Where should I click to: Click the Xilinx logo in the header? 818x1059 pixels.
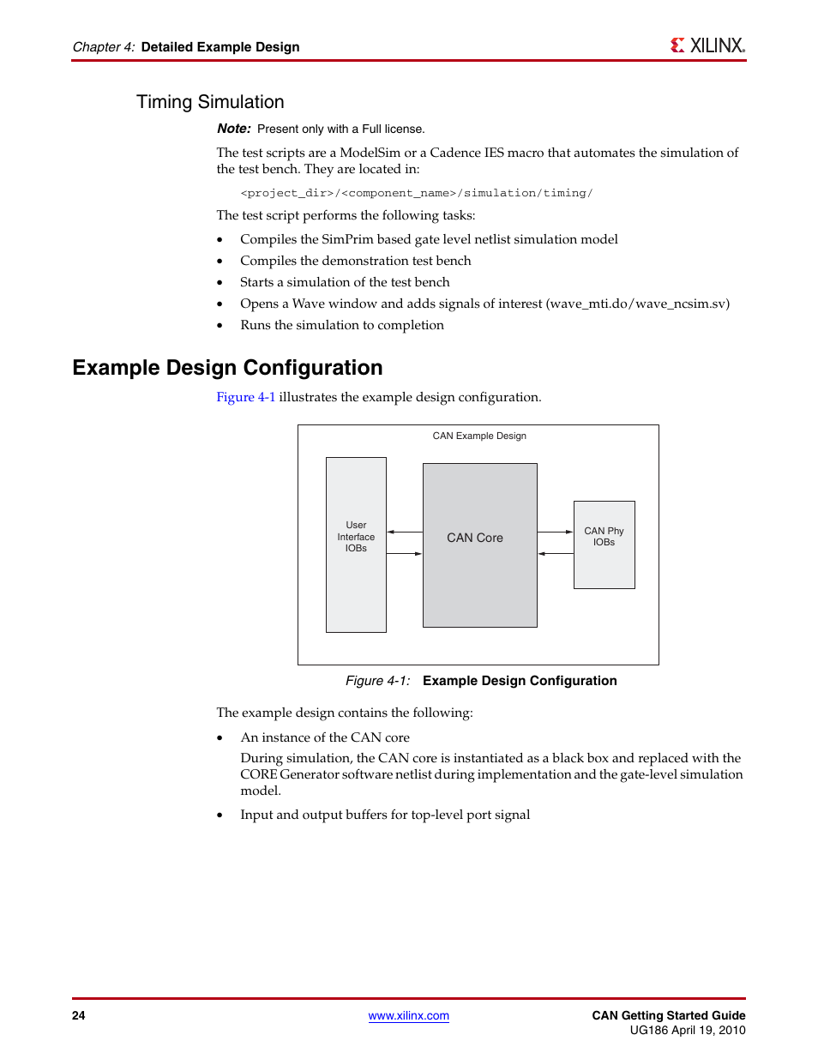click(x=707, y=45)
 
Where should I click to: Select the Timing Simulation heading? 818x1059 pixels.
click(x=210, y=102)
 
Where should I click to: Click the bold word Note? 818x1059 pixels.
click(x=233, y=129)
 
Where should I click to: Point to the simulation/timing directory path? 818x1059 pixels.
click(x=416, y=193)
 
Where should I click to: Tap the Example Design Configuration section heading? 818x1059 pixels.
click(x=227, y=368)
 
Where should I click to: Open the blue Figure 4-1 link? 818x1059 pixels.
click(x=245, y=397)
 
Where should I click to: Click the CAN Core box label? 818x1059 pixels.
click(x=475, y=538)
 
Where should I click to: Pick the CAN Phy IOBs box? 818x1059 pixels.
click(x=604, y=537)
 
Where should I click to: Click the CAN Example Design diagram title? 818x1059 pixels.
click(x=479, y=436)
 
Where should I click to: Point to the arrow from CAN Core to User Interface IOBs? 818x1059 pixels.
click(x=404, y=532)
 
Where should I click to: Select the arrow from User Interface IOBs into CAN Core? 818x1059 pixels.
click(x=404, y=554)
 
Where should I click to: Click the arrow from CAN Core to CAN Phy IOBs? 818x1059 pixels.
click(x=556, y=532)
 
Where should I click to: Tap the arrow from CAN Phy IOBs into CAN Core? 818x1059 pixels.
click(x=556, y=554)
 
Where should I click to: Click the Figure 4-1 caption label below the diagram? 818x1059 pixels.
click(x=377, y=681)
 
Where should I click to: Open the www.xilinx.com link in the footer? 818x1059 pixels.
click(x=408, y=1016)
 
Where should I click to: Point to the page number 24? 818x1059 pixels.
click(x=79, y=1016)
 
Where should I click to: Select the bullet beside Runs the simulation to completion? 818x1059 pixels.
click(x=220, y=326)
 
